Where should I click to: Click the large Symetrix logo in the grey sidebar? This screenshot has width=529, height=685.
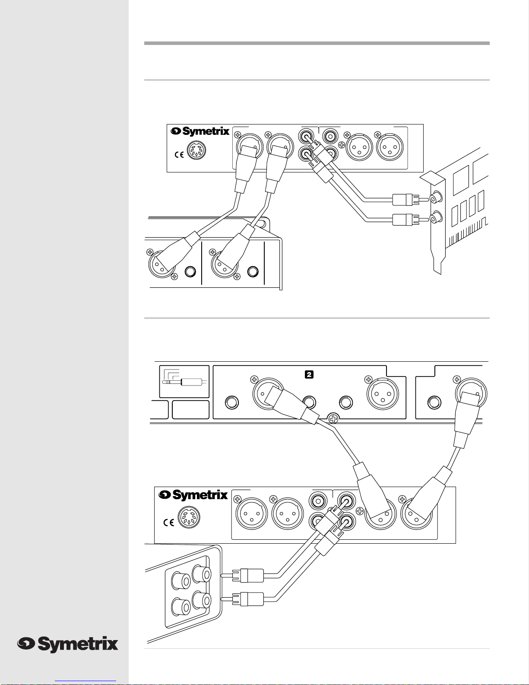tap(68, 644)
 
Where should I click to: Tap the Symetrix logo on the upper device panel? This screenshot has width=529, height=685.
tap(200, 131)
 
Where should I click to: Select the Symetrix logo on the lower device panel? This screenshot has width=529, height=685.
tap(193, 495)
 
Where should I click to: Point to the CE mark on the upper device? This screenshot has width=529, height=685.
tap(179, 154)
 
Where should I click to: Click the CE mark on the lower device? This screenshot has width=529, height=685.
tap(168, 523)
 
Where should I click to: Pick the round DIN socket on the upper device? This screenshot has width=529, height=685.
tap(196, 150)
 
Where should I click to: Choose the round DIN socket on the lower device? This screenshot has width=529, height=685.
tap(189, 517)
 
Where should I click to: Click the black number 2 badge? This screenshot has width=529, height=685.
tap(309, 375)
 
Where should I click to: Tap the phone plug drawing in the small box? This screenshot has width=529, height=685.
tap(184, 382)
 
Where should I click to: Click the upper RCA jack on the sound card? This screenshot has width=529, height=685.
tap(436, 198)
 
